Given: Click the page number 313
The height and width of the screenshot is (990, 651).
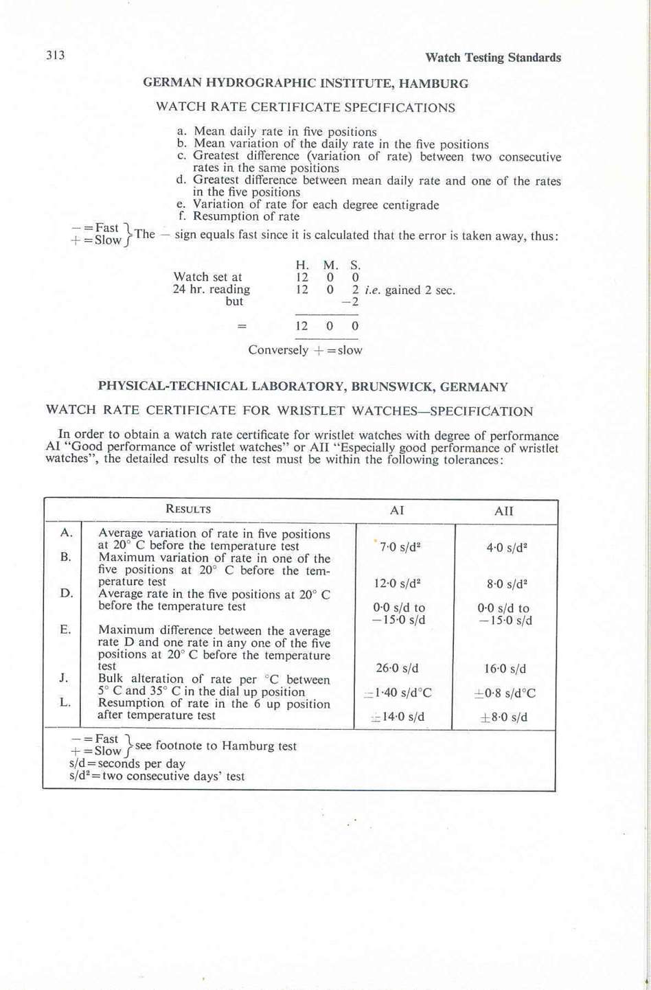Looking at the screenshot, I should pos(56,56).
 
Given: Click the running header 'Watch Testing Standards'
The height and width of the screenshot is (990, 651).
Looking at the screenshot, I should pos(492,58).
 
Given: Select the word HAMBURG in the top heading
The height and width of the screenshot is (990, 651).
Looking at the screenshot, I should pos(434,84).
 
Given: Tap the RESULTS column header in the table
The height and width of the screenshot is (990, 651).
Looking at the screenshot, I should pos(188,509).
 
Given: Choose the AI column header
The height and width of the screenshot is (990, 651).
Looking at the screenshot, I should pos(397,511).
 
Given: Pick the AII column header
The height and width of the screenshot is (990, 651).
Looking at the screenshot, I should pos(503,511).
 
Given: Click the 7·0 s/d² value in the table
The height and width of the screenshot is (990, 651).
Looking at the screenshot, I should pos(400,547).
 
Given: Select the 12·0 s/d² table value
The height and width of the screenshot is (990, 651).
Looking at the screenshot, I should pos(397,584).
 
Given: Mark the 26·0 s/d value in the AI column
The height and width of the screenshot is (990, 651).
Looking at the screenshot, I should pos(397,668).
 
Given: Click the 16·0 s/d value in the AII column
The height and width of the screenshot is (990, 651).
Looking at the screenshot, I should pos(505,669).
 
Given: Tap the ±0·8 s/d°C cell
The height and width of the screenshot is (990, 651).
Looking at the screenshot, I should pos(505,693).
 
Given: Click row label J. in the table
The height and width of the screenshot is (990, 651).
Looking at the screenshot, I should pos(64,678).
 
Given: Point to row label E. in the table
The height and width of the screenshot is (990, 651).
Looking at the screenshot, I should pos(65,629).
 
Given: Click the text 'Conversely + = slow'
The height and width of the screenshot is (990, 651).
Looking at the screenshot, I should pos(305,350).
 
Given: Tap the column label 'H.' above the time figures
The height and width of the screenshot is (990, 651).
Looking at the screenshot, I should pos(302,265).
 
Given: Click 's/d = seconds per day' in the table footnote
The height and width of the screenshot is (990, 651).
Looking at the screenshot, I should pos(127,763).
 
